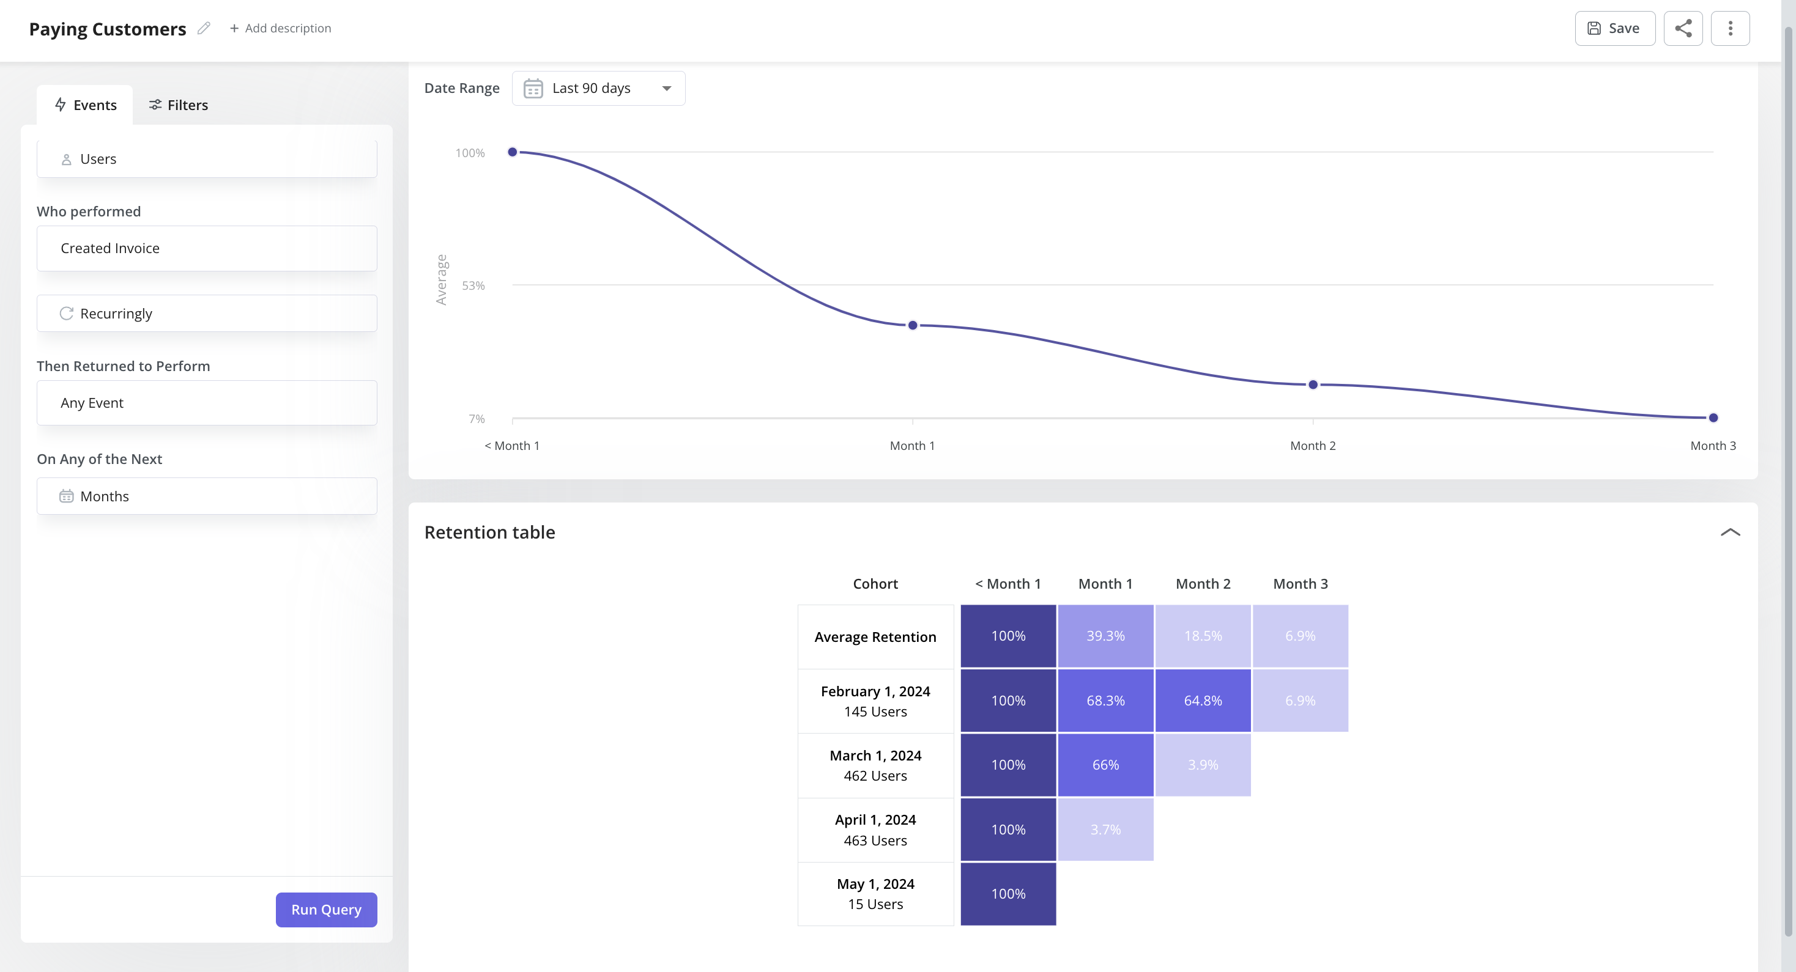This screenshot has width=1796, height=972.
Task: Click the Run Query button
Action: (325, 909)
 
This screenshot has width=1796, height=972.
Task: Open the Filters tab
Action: (179, 105)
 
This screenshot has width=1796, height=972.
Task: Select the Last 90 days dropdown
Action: (598, 89)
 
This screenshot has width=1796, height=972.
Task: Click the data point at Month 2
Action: (1313, 385)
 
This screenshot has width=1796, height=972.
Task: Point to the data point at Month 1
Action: (912, 325)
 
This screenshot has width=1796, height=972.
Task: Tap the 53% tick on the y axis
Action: (473, 285)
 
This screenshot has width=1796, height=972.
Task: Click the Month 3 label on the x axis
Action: (1712, 446)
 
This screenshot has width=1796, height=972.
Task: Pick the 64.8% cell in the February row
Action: (1203, 700)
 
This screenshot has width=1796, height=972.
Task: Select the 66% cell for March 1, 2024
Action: (1105, 765)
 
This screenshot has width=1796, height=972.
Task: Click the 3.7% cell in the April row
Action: (1105, 829)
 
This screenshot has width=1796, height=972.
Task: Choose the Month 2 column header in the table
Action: (1203, 584)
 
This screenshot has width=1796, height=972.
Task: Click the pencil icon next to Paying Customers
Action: (204, 29)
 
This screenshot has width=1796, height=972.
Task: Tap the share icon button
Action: (1682, 29)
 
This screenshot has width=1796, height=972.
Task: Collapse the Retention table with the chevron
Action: (1730, 532)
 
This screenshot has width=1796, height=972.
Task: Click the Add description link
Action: (280, 29)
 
